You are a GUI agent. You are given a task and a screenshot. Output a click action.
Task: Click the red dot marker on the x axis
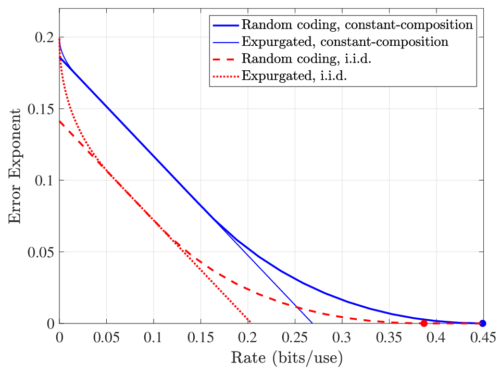[x=424, y=323]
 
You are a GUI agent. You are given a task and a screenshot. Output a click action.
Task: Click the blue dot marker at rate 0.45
[x=483, y=323]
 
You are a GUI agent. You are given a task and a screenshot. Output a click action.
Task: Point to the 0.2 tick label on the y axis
[x=44, y=37]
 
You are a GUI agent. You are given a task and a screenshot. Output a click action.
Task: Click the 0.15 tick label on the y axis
[x=41, y=109]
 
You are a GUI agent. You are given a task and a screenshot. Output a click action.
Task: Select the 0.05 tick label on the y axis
[x=41, y=252]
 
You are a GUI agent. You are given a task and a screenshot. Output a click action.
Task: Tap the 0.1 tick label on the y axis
[x=44, y=181]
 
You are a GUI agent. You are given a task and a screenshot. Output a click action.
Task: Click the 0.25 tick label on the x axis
[x=295, y=337]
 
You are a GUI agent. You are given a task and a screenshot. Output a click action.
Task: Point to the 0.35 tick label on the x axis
[x=389, y=337]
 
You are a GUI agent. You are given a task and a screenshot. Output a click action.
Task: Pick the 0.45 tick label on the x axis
[x=483, y=337]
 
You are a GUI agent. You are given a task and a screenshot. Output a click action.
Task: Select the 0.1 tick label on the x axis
[x=153, y=337]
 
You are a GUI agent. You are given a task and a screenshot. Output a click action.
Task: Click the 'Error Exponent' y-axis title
[x=15, y=166]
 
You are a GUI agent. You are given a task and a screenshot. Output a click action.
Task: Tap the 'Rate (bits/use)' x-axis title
[x=286, y=358]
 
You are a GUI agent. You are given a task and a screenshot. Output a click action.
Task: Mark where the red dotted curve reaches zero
[x=251, y=322]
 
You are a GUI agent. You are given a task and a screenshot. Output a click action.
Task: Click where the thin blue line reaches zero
[x=312, y=323]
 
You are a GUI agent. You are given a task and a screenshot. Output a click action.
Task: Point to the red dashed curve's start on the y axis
[x=59, y=121]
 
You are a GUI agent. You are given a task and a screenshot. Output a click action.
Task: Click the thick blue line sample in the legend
[x=226, y=25]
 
